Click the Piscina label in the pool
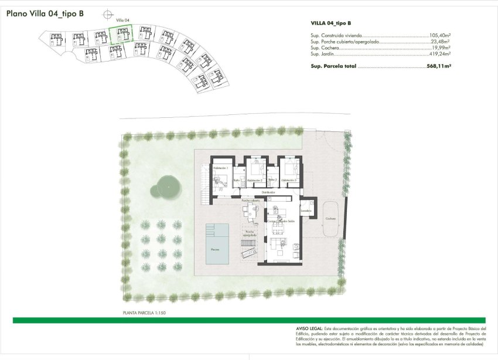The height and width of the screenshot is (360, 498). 216,249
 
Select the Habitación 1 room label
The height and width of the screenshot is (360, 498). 220,168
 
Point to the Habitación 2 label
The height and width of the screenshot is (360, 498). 254,180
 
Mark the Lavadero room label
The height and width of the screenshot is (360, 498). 306,210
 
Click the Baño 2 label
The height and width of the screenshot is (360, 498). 272,179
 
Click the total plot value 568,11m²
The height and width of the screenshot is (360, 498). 439,66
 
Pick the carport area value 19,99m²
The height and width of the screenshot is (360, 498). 440,47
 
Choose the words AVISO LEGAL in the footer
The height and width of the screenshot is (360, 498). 310,329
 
